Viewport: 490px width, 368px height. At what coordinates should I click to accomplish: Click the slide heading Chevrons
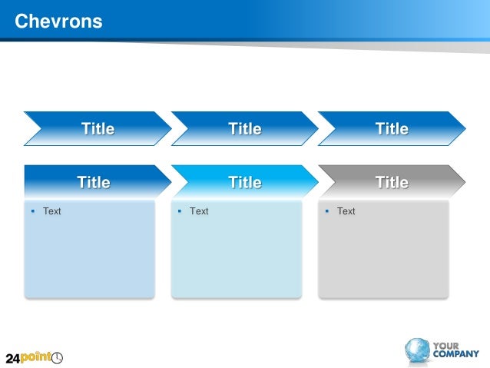pos(58,22)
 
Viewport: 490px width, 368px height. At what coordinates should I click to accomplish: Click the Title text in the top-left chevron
pos(98,129)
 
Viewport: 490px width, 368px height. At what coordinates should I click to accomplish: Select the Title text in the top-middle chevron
pos(245,129)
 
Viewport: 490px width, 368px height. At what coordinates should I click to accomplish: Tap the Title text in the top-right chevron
pos(392,129)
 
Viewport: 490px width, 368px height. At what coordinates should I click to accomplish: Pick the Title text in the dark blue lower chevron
pos(93,183)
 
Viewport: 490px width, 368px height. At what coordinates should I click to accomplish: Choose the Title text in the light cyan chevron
pos(245,183)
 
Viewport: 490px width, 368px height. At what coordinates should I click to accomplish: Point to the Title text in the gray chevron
pos(392,183)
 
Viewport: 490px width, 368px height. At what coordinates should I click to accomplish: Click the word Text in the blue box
pos(51,211)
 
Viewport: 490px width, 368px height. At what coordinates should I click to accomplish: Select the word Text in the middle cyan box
pos(199,211)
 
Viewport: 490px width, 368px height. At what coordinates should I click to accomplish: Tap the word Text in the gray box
pos(346,211)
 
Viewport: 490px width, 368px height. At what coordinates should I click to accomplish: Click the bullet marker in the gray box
pos(326,210)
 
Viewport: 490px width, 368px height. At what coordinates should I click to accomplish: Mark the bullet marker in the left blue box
pos(32,210)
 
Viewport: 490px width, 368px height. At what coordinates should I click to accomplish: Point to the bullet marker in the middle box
pos(179,210)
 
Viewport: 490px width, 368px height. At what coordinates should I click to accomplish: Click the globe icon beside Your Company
pos(418,350)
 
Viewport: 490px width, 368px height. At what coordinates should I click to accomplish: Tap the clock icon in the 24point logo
pos(58,358)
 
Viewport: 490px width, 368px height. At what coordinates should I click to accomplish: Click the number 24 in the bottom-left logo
pos(12,359)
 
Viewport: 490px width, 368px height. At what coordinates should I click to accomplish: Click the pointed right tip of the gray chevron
pos(463,181)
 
